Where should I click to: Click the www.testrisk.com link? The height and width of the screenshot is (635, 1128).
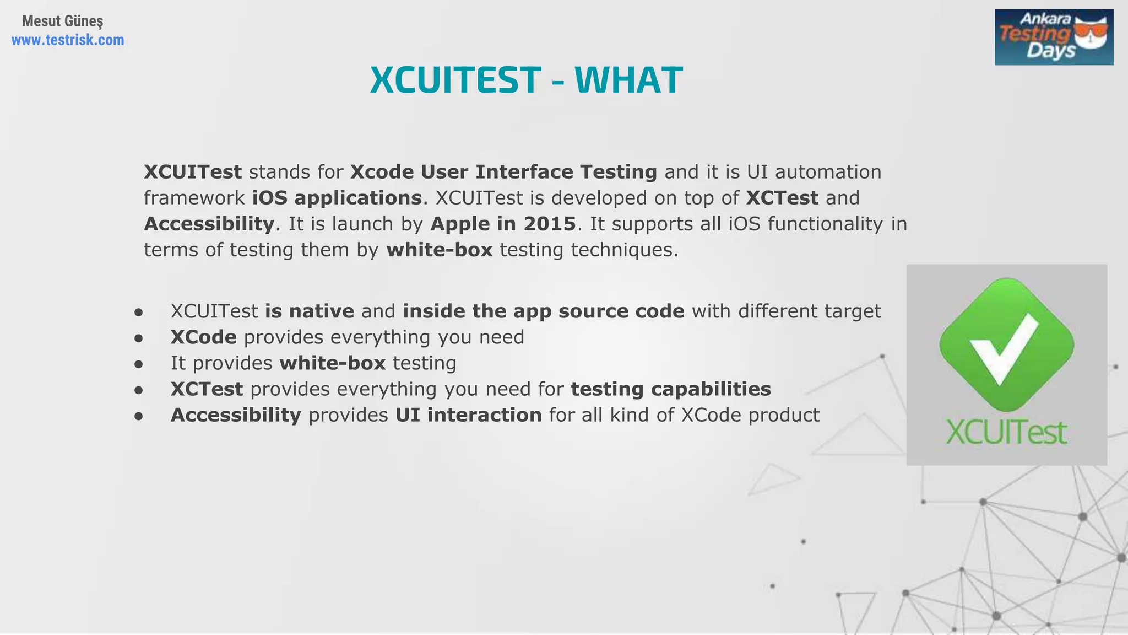(68, 40)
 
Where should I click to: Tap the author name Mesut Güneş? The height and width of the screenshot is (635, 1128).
(62, 21)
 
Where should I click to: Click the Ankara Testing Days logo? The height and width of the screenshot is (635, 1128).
(1053, 37)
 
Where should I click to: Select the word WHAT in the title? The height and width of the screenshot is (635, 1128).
(628, 80)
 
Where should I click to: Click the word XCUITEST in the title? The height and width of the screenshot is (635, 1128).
(455, 80)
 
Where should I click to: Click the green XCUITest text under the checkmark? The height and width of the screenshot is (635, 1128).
(1006, 432)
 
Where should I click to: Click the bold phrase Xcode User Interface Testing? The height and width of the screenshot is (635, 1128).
(503, 172)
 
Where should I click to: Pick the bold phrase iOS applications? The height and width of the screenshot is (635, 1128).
(337, 198)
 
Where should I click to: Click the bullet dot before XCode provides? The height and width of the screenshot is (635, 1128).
(139, 338)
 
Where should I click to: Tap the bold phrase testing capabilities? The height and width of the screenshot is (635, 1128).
(670, 389)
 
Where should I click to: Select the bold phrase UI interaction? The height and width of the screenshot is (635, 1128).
(468, 415)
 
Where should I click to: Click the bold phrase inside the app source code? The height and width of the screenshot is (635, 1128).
(543, 311)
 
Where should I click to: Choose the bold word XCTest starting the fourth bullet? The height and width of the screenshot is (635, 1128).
(207, 389)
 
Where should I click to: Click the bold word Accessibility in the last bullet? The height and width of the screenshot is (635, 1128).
(236, 415)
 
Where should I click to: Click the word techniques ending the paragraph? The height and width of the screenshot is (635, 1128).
(624, 250)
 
